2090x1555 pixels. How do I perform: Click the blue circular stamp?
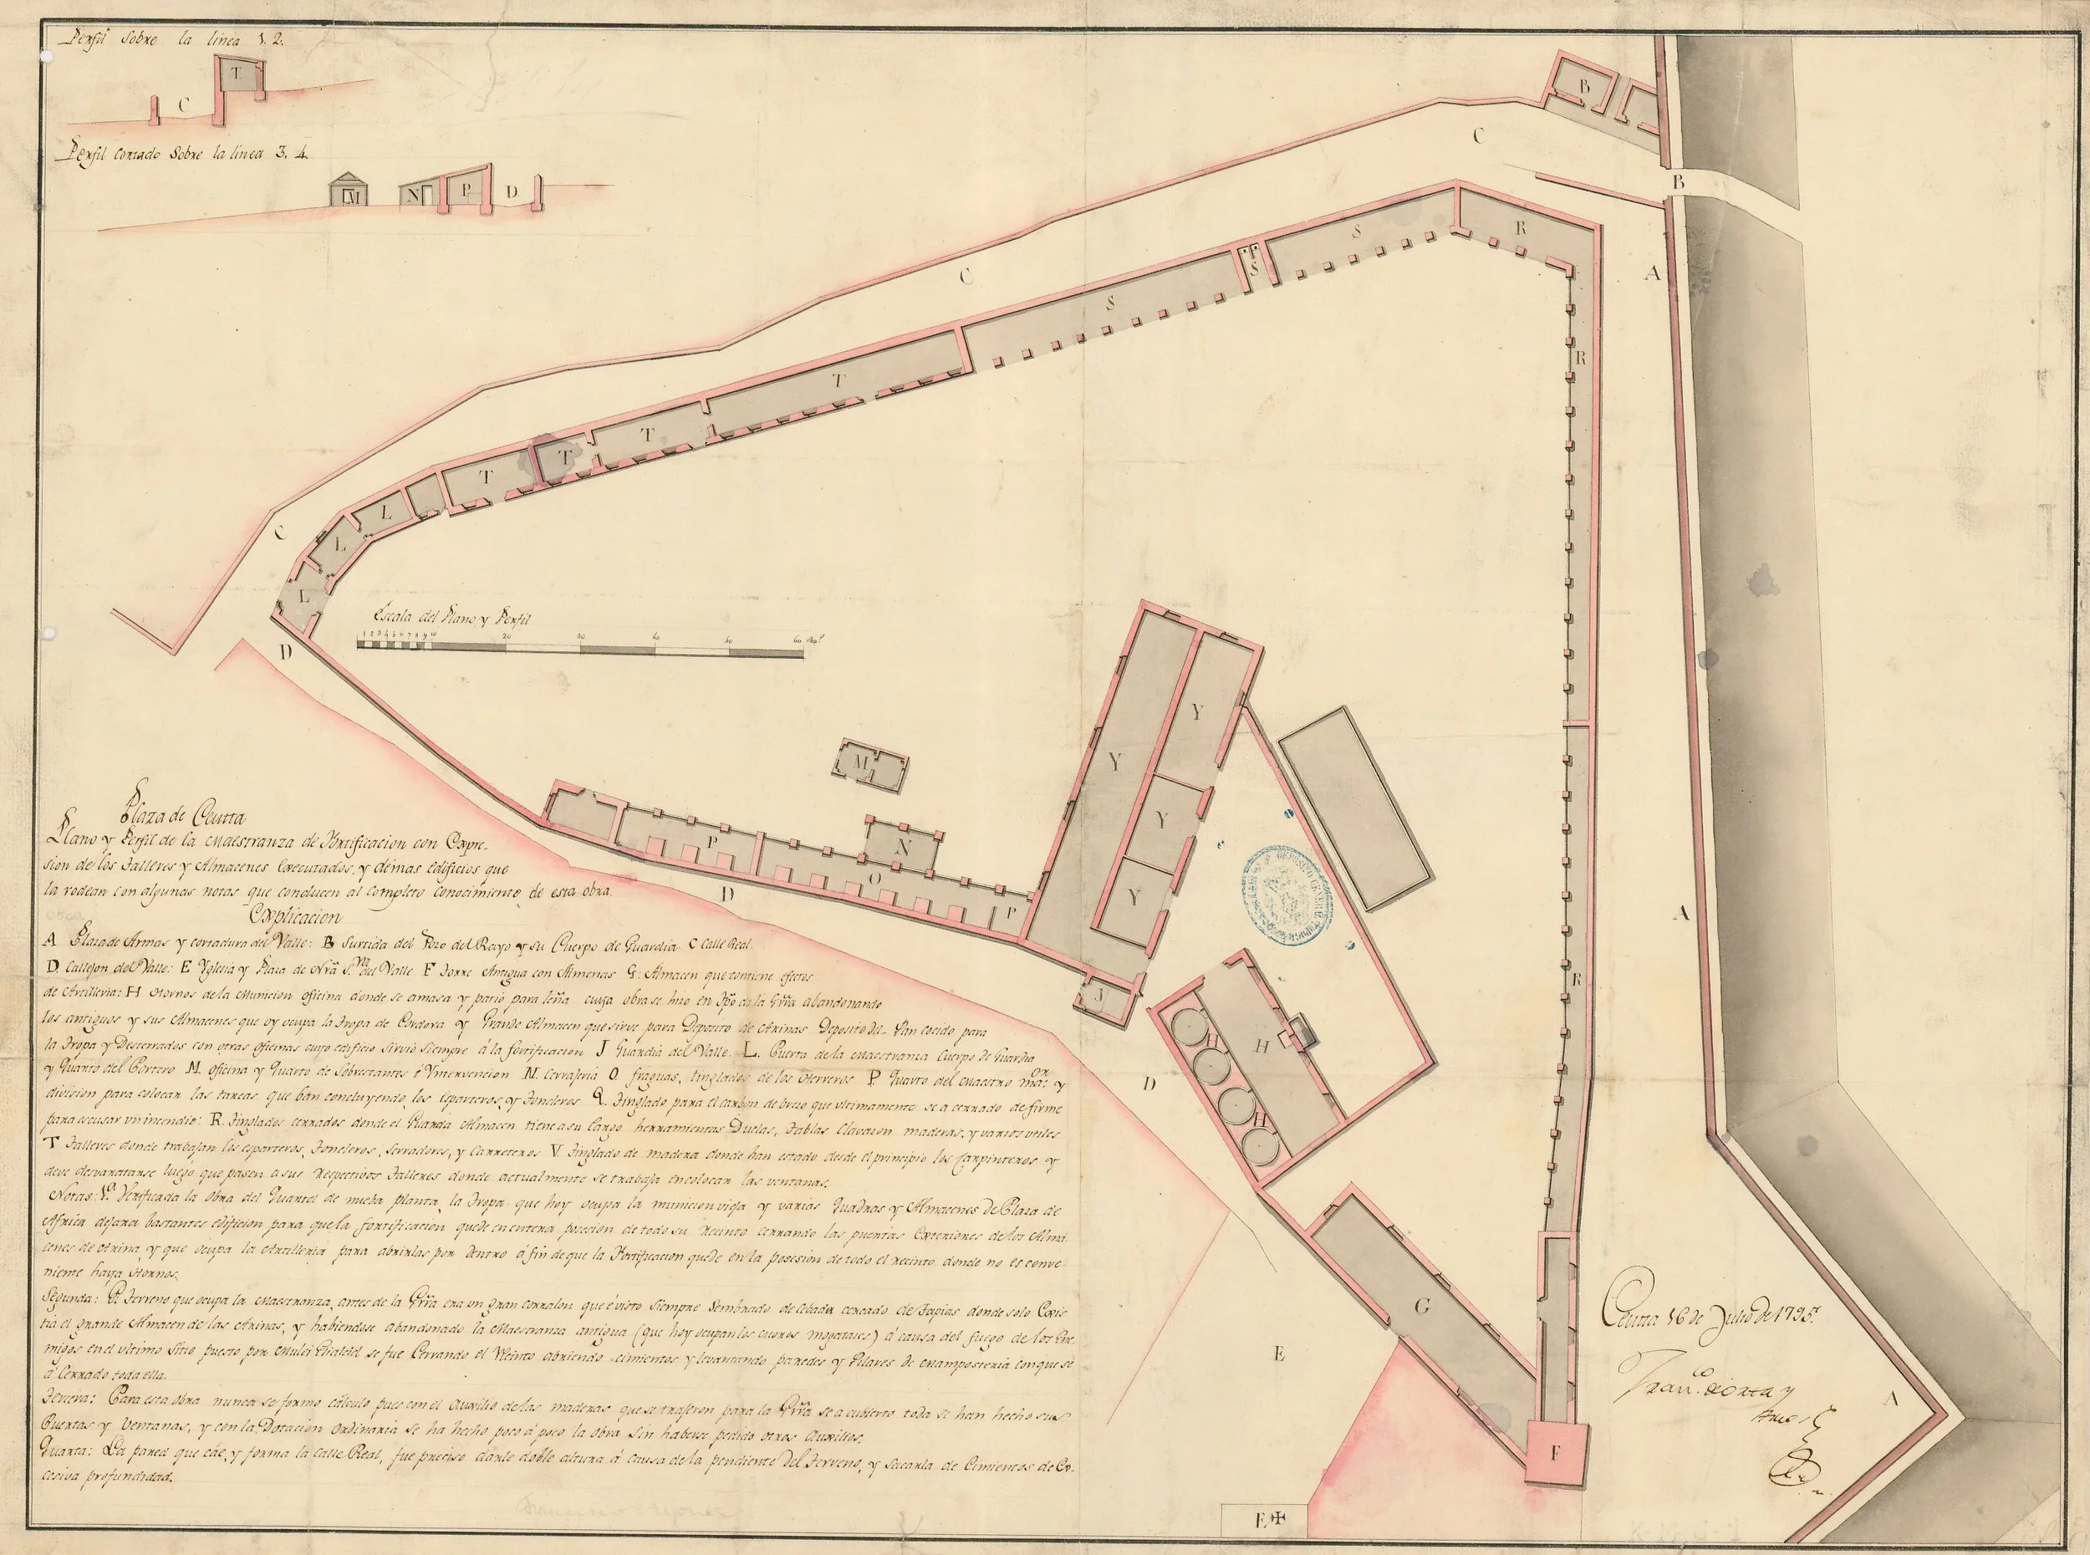[1290, 893]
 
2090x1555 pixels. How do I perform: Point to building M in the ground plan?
[870, 764]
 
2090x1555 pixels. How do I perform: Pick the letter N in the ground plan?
[902, 846]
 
